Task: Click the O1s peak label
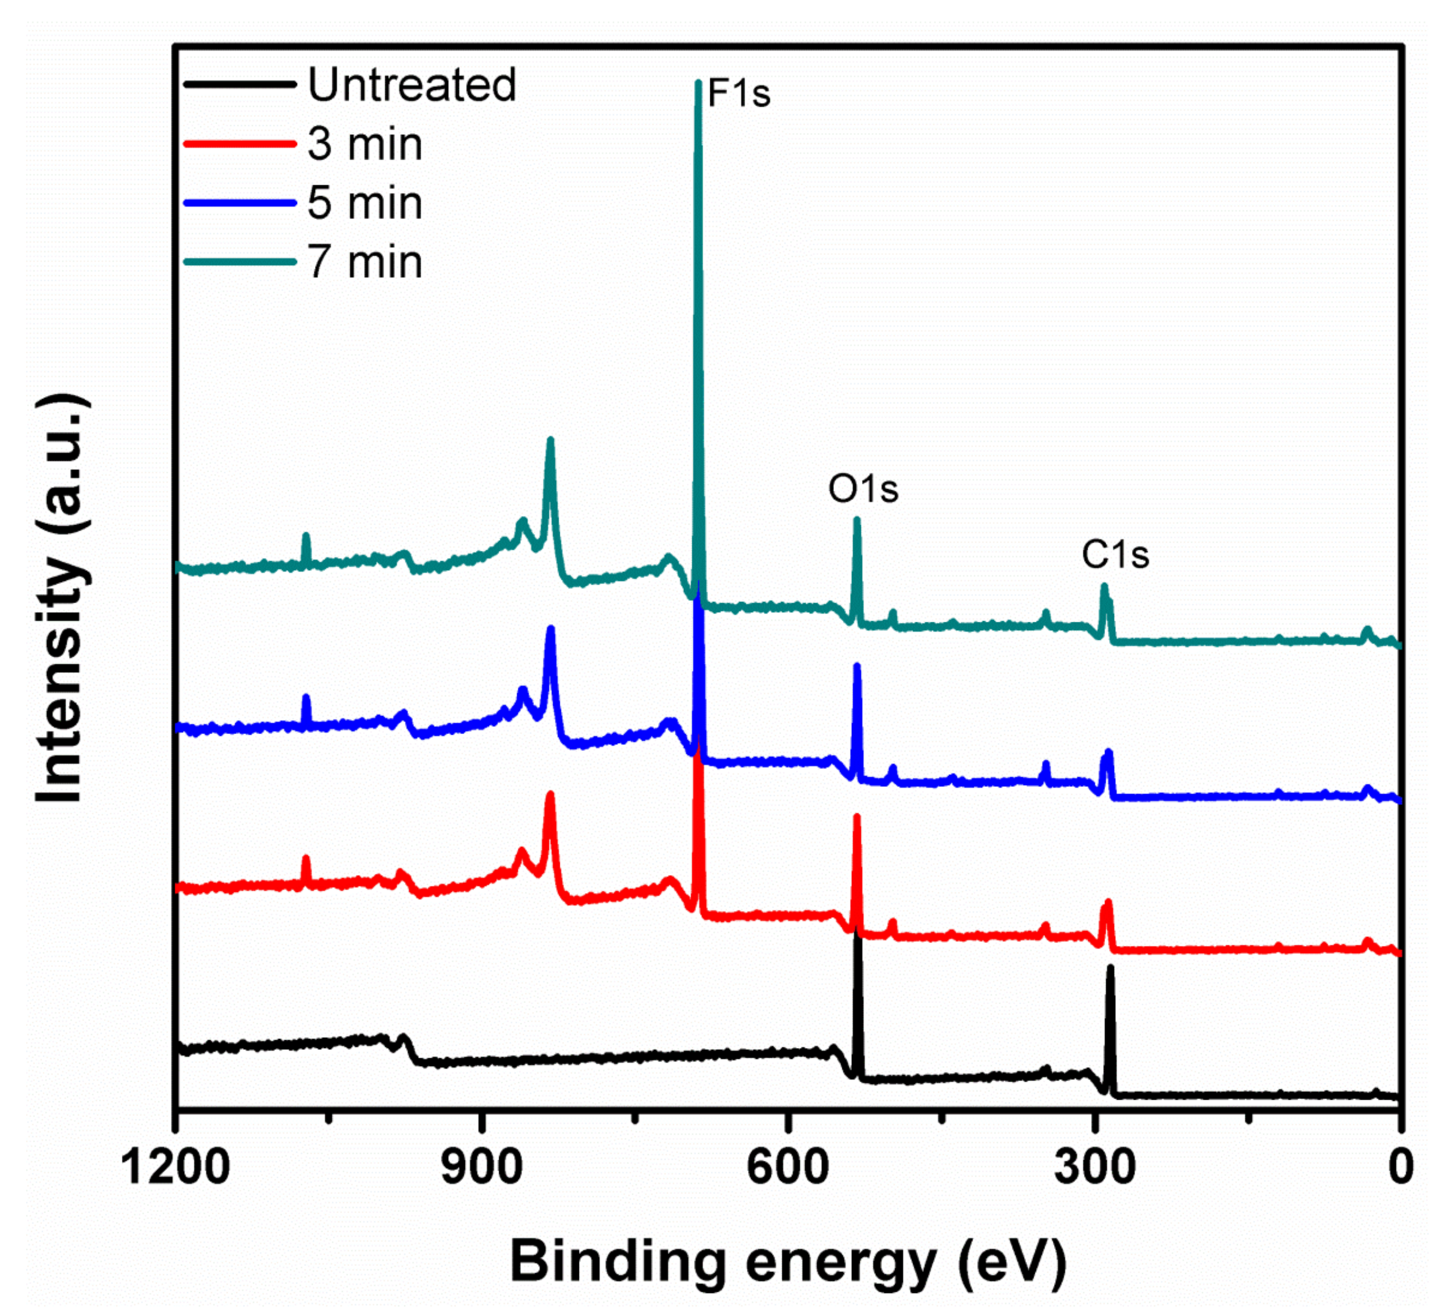863,489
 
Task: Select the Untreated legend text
412,84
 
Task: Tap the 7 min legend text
365,262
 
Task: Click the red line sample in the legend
240,144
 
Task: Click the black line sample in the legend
240,84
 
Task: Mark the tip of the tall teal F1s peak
697,82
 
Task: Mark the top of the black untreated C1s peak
1110,968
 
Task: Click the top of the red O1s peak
856,816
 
